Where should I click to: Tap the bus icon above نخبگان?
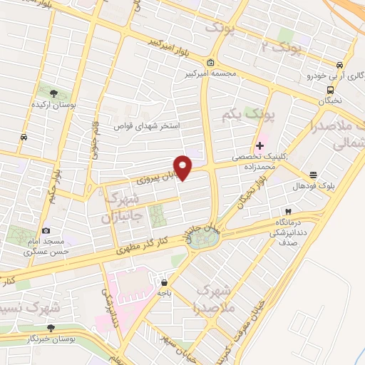click(330, 90)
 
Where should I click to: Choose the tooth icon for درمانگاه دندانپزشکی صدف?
click(287, 212)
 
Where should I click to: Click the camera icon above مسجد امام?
click(47, 230)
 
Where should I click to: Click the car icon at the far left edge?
click(24, 137)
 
